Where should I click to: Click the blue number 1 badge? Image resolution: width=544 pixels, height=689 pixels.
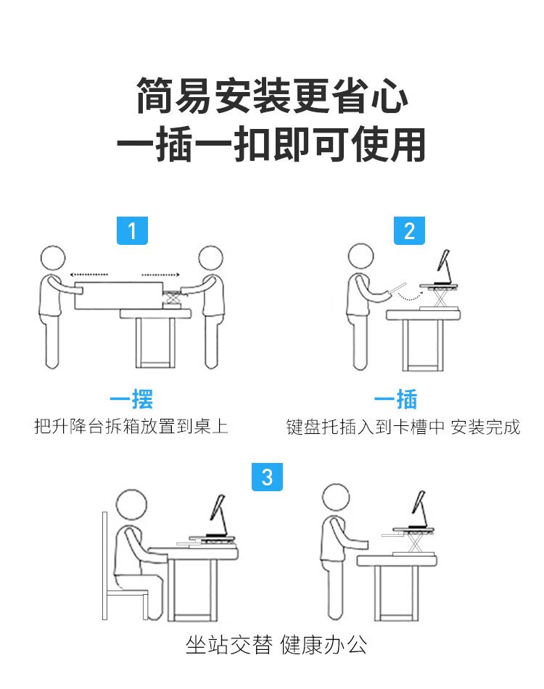(132, 230)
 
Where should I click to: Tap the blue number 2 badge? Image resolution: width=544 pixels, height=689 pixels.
(409, 230)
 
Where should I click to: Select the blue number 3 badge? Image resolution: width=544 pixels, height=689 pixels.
(267, 477)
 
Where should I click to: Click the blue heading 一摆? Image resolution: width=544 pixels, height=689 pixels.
(131, 399)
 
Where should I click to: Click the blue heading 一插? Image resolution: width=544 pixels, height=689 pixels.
(395, 399)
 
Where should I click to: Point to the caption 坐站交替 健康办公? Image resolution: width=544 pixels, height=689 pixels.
(276, 645)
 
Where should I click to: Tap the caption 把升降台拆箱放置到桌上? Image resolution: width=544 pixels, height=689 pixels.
(131, 426)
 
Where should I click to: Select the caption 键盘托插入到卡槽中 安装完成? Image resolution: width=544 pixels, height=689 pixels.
(403, 427)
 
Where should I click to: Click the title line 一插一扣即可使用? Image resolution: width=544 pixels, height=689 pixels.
(271, 143)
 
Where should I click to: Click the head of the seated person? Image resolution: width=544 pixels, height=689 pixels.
(131, 505)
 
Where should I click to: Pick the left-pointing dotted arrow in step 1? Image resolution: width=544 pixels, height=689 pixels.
(88, 275)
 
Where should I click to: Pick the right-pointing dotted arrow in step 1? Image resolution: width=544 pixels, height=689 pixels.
(160, 275)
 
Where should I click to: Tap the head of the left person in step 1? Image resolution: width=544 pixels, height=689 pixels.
(53, 259)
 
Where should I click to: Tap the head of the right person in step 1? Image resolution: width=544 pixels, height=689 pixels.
(210, 258)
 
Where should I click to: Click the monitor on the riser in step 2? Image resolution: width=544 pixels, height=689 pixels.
(443, 267)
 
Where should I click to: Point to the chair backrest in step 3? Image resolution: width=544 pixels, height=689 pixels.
(104, 566)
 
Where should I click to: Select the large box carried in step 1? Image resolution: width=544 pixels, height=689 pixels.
(118, 296)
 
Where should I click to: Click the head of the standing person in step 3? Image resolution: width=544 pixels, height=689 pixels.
(336, 498)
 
